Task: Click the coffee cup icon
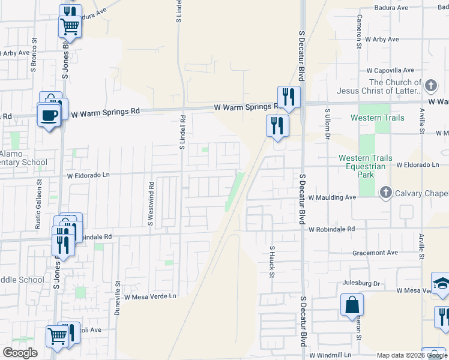[x=49, y=115]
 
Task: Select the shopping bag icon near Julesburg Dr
[x=352, y=304]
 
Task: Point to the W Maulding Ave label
[x=333, y=197]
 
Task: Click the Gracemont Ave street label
[x=376, y=253]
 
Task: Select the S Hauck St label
[x=272, y=262]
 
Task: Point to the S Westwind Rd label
[x=151, y=204]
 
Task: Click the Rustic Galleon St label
[x=38, y=194]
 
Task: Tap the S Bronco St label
[x=34, y=55]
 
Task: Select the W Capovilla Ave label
[x=390, y=70]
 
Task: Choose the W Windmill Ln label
[x=331, y=356]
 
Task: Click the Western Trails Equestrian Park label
[x=366, y=166]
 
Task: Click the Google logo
[x=19, y=353]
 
